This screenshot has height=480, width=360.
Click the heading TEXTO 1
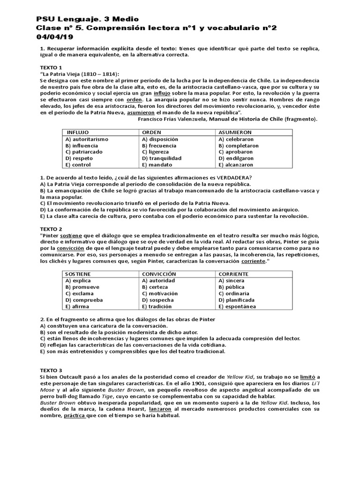(50, 67)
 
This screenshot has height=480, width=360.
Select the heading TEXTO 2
(50, 228)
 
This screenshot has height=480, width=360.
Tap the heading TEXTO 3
(50, 370)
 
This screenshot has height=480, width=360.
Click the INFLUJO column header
(77, 133)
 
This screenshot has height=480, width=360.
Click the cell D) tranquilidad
(161, 158)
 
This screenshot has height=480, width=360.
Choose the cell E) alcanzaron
(236, 165)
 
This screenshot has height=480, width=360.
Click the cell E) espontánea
(237, 307)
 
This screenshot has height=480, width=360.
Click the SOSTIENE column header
(78, 274)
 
